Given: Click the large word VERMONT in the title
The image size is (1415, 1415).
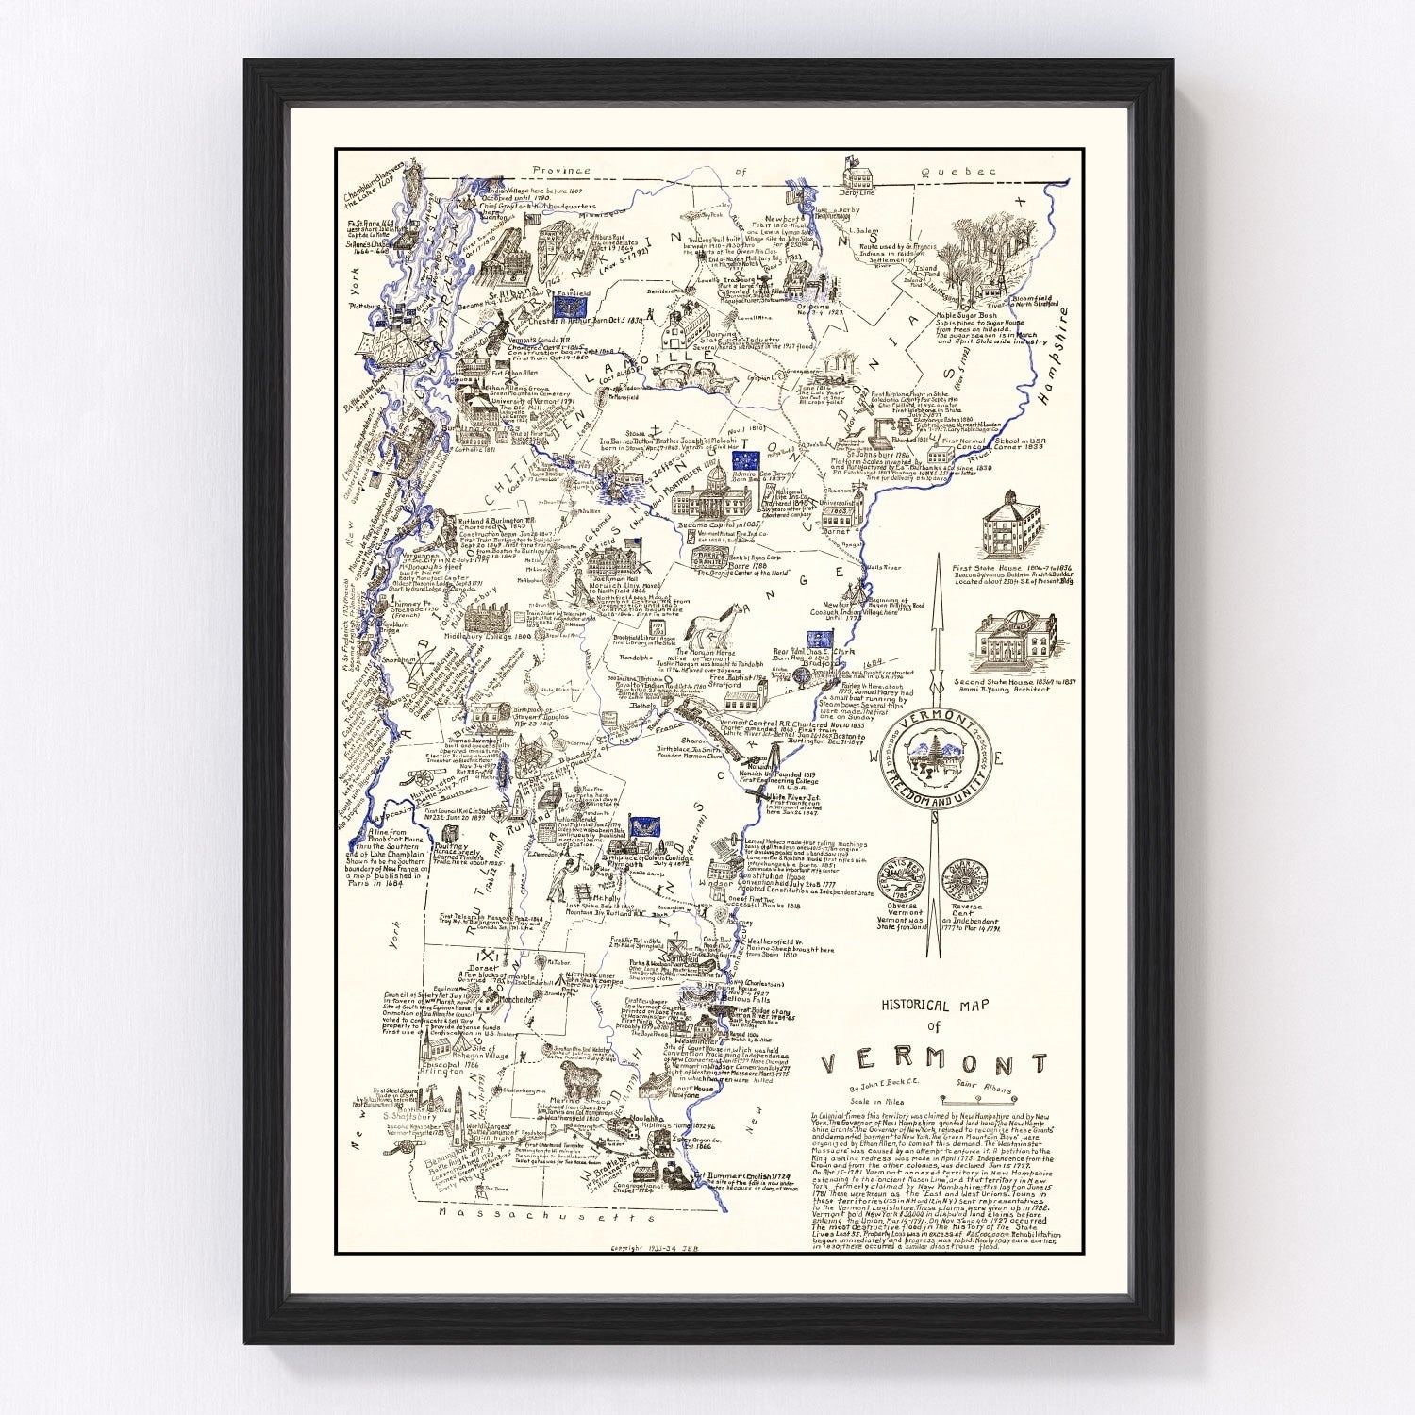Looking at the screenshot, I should click(934, 1063).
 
